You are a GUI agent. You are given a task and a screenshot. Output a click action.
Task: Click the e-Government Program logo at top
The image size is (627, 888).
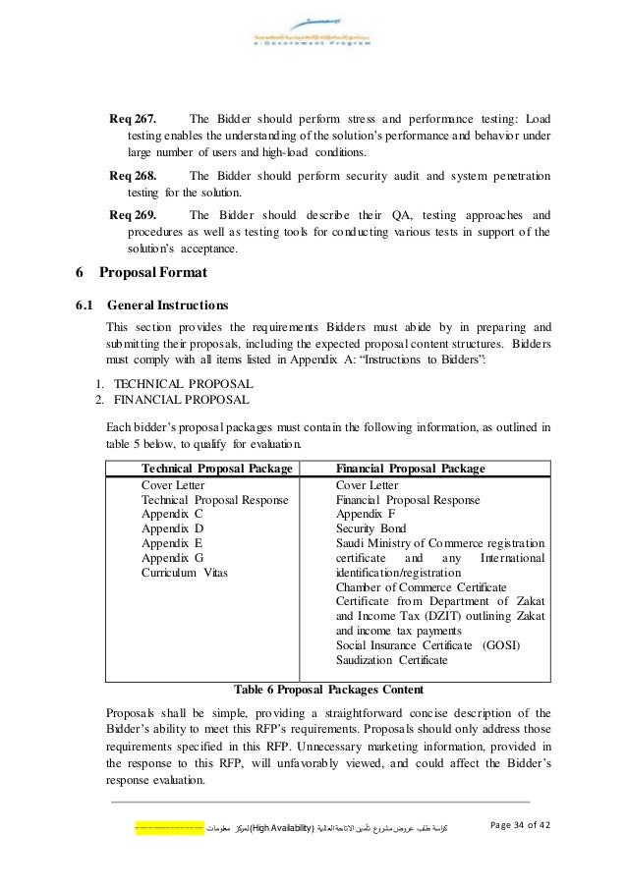(x=313, y=39)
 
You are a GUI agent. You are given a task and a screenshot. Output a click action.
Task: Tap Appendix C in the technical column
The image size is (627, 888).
(x=173, y=514)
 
